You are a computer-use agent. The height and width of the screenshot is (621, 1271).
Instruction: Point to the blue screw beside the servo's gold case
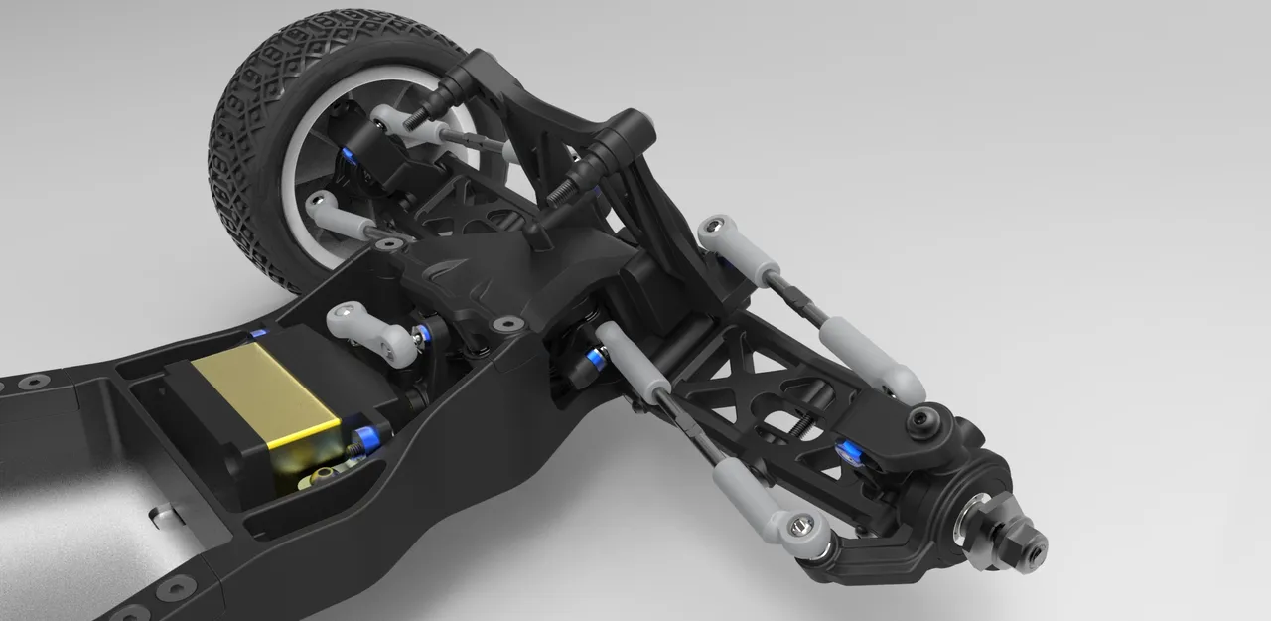[x=368, y=438]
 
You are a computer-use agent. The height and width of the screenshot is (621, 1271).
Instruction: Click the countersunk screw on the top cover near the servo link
[x=508, y=324]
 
